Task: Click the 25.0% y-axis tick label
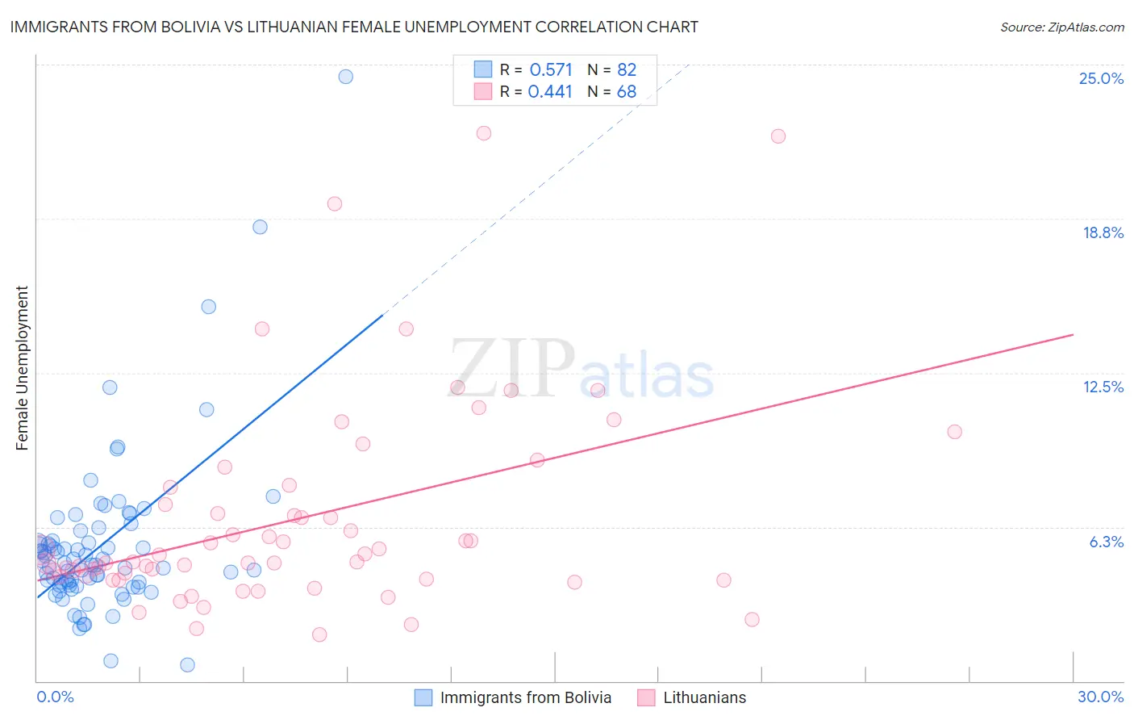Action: coord(1101,78)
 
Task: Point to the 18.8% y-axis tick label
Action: coord(1103,232)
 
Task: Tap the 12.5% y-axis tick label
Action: coord(1103,387)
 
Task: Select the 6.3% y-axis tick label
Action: coord(1106,542)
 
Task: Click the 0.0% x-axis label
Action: coord(55,697)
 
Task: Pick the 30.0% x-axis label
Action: coord(1100,697)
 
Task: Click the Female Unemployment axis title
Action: coord(22,368)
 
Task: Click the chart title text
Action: coord(354,27)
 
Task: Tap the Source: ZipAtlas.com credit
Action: coord(1061,27)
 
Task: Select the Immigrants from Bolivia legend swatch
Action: coord(423,697)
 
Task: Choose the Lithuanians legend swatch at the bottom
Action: coord(646,697)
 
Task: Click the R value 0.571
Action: coord(551,70)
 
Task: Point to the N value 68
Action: coord(627,92)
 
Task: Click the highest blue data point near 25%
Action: coord(345,77)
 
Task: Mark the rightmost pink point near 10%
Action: coord(954,432)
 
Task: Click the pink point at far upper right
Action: coord(778,136)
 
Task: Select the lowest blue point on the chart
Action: coord(187,665)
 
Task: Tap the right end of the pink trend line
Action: coord(1073,334)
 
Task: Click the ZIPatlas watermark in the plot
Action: coord(581,369)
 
